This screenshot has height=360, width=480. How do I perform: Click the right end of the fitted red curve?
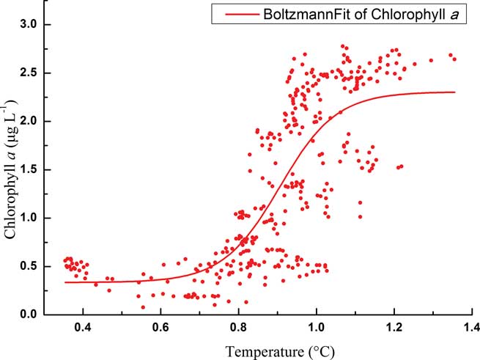tap(454, 92)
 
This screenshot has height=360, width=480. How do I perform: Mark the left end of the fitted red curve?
tap(64, 282)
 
